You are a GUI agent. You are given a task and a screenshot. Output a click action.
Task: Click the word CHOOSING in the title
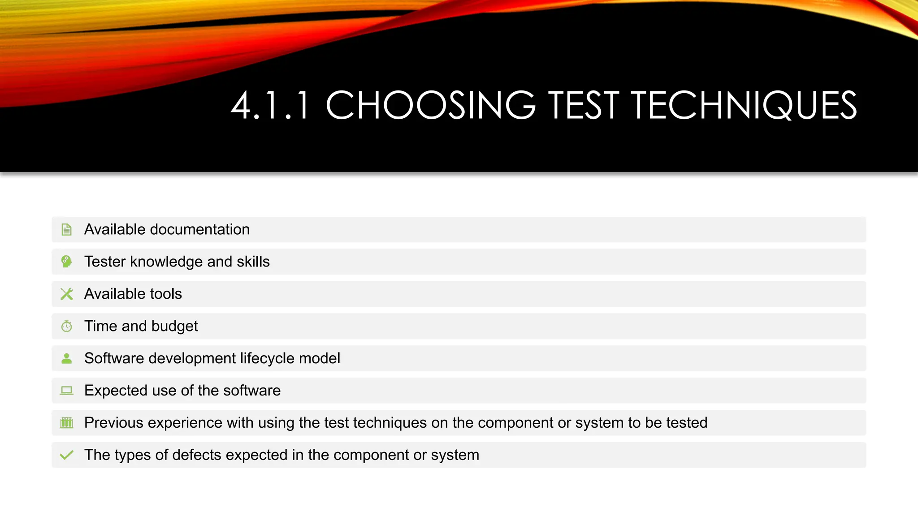430,106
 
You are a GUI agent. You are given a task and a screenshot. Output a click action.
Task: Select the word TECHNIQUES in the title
744,106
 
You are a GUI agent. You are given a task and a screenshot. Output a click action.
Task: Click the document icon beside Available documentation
66,230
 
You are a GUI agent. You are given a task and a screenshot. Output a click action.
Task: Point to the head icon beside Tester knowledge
66,262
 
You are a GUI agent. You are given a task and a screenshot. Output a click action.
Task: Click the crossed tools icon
66,294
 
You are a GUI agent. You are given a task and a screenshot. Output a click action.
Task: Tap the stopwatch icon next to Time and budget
66,326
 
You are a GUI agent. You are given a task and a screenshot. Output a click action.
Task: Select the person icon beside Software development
66,358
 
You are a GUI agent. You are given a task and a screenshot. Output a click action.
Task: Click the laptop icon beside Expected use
66,391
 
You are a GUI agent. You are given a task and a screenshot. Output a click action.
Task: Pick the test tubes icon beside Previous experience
66,422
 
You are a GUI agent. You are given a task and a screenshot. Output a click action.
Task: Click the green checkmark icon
66,455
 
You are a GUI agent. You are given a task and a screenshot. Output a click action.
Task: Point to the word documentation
199,229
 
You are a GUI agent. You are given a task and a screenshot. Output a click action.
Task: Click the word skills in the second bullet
253,262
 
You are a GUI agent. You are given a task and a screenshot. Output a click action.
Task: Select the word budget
174,327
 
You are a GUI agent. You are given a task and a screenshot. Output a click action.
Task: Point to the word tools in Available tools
166,294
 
